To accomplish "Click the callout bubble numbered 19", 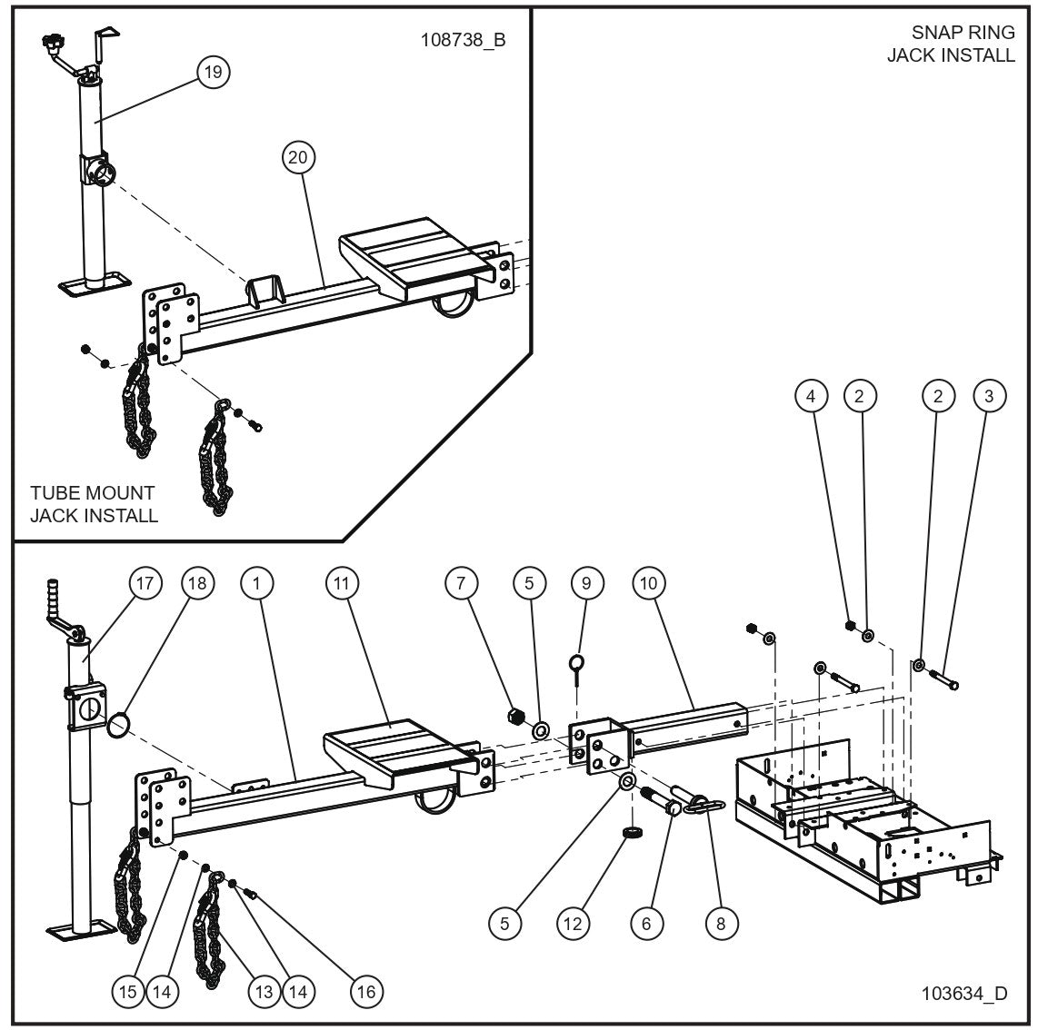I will (212, 72).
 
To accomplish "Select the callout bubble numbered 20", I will (298, 156).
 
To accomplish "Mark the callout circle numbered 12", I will (574, 924).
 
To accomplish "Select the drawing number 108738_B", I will (462, 41).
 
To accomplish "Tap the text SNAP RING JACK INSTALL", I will (951, 44).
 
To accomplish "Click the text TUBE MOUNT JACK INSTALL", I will (93, 504).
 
